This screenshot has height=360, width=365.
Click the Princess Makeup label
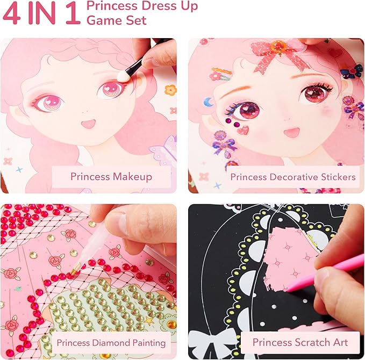111,177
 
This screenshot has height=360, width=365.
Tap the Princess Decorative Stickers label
292,177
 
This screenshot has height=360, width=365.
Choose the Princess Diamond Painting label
111,342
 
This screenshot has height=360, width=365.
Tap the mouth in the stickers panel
291,132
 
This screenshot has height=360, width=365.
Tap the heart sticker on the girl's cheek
244,130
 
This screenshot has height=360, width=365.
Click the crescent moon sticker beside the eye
210,101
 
